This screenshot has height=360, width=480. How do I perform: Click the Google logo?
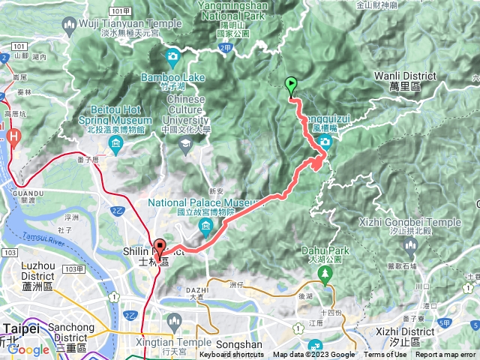(28, 349)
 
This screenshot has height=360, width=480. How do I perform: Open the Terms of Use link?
(385, 355)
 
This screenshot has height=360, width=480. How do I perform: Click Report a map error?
(445, 355)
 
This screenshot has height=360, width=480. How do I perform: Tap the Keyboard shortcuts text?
(232, 355)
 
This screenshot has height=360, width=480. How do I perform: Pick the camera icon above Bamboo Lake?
(173, 56)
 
